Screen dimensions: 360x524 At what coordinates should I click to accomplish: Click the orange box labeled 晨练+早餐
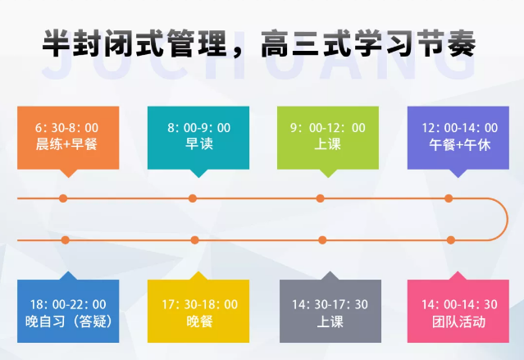click(x=66, y=136)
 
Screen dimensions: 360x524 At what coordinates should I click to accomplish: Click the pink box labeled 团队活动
click(x=453, y=312)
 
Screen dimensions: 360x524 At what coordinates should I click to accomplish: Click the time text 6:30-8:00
click(x=66, y=128)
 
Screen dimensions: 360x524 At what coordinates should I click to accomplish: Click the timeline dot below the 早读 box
click(x=193, y=198)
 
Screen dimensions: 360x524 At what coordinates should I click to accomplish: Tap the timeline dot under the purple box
click(x=449, y=198)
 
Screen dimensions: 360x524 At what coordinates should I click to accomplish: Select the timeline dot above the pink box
click(x=450, y=240)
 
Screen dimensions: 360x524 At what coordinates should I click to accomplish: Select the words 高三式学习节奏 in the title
click(x=367, y=44)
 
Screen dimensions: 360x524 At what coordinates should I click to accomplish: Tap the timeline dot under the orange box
click(x=63, y=198)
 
